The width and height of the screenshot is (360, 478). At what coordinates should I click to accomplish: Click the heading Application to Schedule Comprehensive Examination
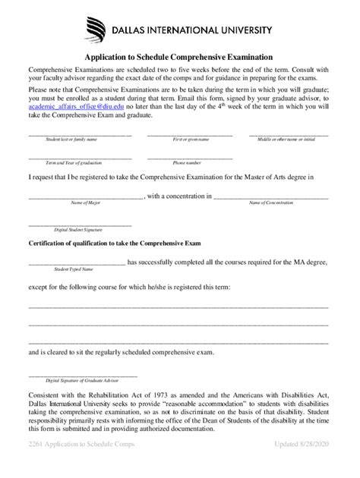(x=179, y=57)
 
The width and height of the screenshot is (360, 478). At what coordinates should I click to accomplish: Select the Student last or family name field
(x=80, y=134)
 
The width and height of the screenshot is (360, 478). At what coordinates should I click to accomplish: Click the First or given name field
(x=190, y=134)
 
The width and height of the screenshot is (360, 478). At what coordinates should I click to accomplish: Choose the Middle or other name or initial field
(x=289, y=134)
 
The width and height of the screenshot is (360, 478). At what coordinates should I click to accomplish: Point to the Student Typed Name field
(x=77, y=263)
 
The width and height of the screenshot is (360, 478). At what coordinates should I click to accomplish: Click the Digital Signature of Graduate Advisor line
(x=84, y=375)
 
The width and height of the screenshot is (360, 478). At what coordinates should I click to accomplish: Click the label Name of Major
(x=86, y=203)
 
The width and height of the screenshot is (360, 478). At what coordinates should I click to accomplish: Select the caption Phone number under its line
(x=186, y=163)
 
